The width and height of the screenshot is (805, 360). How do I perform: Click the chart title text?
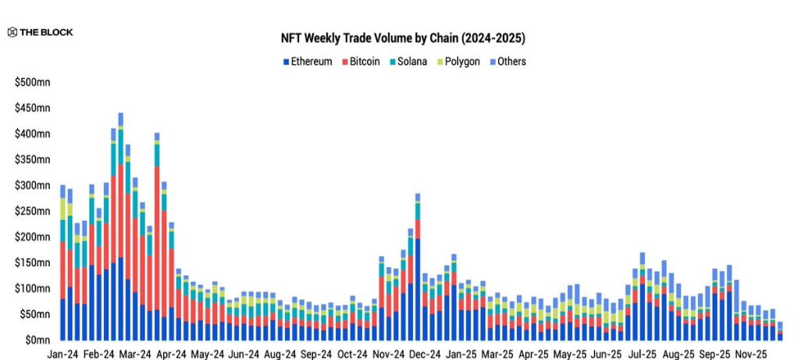tap(403, 37)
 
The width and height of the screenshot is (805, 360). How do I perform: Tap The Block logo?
tap(41, 32)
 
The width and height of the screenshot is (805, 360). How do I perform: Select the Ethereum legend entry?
tap(307, 61)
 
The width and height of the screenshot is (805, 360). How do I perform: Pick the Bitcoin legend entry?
tap(360, 61)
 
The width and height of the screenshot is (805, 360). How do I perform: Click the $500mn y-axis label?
tap(32, 82)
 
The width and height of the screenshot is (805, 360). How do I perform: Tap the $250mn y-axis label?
tap(32, 211)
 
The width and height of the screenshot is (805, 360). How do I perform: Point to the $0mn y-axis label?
tap(37, 340)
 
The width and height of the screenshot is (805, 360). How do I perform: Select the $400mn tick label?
tap(32, 134)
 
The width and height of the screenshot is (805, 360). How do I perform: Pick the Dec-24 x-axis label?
tap(425, 354)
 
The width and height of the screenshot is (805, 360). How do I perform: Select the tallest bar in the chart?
tap(120, 226)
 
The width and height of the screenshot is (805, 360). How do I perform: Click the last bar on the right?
tap(779, 331)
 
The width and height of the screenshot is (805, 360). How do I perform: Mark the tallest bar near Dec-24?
tap(418, 266)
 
